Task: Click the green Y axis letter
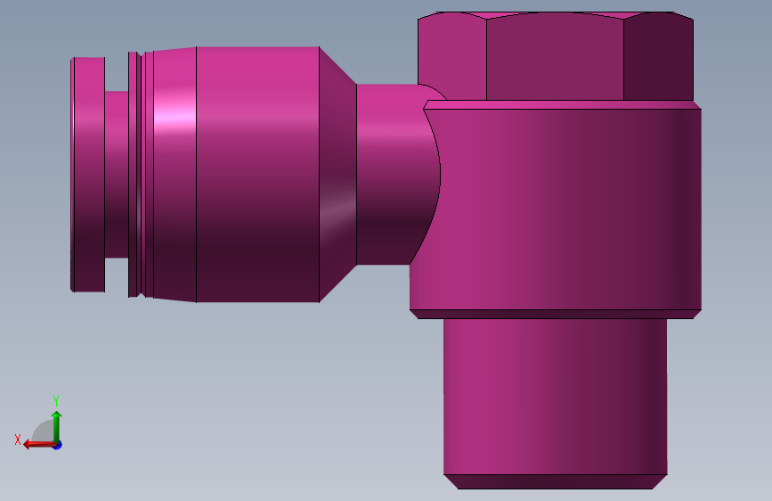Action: click(x=56, y=401)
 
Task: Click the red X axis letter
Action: click(x=18, y=439)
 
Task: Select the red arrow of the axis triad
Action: click(x=39, y=445)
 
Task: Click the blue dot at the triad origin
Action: click(x=58, y=446)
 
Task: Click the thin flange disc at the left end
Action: click(x=87, y=175)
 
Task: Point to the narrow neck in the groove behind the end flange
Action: click(x=116, y=175)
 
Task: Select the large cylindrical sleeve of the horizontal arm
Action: click(x=257, y=175)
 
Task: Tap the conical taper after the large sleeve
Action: click(x=337, y=175)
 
